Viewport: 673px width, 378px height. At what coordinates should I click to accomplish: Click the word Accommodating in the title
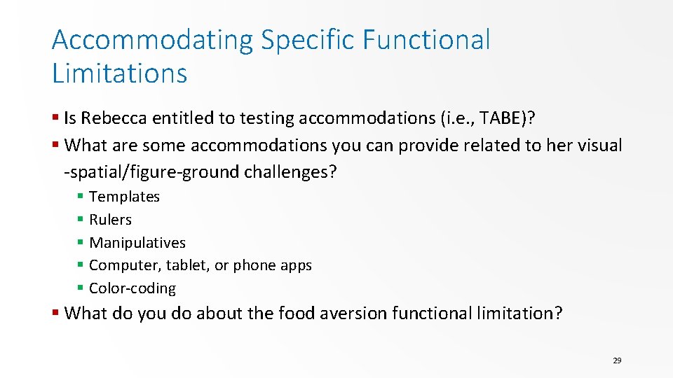[x=151, y=41]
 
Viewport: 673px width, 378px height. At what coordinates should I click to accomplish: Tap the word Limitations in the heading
[x=119, y=73]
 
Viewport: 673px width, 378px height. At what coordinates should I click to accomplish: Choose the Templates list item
[x=124, y=197]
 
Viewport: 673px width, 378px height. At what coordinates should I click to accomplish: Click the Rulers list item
[x=110, y=220]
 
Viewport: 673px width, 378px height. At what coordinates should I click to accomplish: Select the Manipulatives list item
[x=137, y=243]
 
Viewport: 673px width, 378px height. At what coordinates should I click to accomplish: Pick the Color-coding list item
[x=132, y=288]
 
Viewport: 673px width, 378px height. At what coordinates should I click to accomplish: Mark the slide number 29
[x=617, y=360]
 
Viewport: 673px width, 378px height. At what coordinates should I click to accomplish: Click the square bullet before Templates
[x=81, y=197]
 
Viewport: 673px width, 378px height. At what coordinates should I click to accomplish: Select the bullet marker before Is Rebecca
[x=55, y=118]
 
